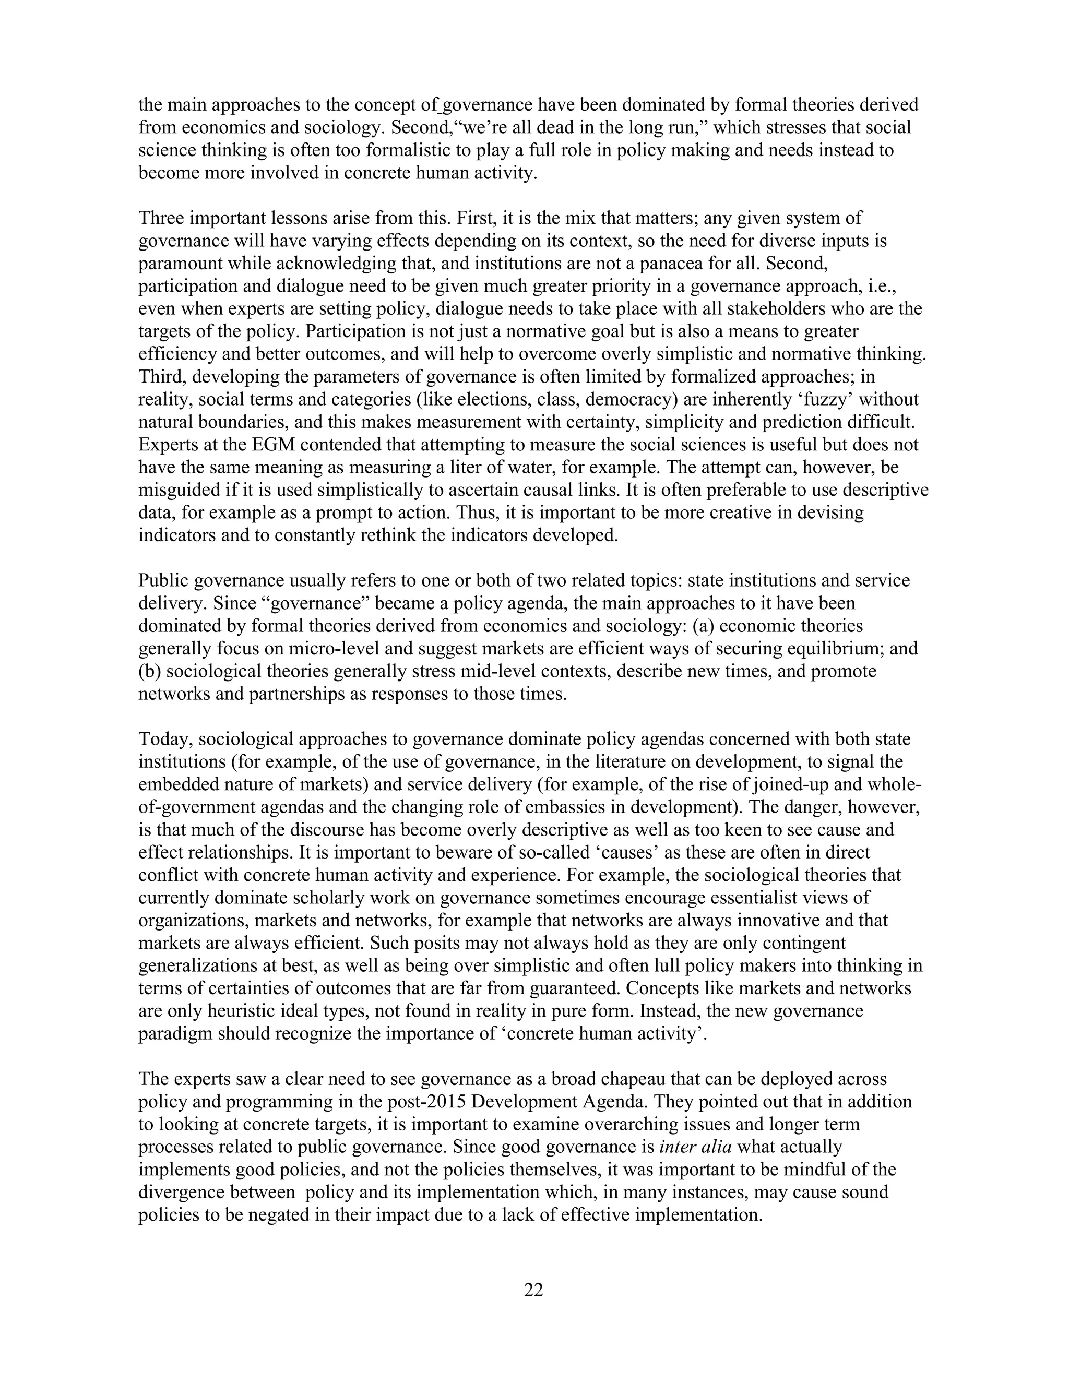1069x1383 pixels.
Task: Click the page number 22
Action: coord(533,1290)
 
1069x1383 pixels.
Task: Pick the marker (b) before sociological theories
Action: coord(149,671)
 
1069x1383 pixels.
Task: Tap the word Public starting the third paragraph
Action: coord(163,581)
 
